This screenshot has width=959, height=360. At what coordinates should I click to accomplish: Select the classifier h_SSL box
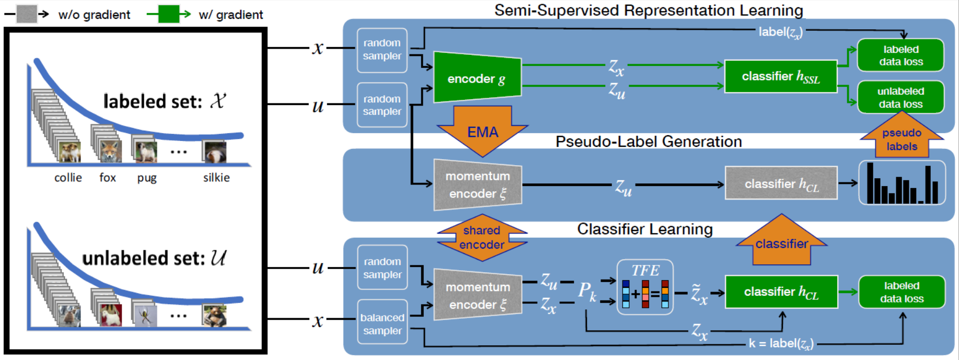[x=781, y=76]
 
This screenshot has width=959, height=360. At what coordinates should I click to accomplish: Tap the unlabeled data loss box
[x=900, y=97]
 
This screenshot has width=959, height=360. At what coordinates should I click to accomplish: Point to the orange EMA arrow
[x=482, y=131]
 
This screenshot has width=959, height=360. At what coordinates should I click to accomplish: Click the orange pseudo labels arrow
[x=902, y=138]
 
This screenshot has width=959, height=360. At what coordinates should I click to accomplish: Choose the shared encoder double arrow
[x=482, y=238]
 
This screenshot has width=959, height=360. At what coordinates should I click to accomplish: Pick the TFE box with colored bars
[x=645, y=287]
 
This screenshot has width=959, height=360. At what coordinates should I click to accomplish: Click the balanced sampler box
[x=382, y=324]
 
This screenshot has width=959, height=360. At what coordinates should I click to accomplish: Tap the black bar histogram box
[x=902, y=183]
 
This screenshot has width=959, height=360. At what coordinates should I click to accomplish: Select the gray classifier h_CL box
[x=781, y=183]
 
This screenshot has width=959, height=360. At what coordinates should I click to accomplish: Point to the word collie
[x=68, y=178]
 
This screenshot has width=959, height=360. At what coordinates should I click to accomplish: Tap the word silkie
[x=216, y=178]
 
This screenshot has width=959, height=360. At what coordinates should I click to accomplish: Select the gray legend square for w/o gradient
[x=26, y=14]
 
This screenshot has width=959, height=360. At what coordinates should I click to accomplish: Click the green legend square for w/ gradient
[x=168, y=14]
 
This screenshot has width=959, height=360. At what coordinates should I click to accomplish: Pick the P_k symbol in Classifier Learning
[x=586, y=291]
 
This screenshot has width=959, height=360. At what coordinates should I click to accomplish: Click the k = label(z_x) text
[x=781, y=343]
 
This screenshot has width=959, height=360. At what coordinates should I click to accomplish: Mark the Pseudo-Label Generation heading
[x=648, y=142]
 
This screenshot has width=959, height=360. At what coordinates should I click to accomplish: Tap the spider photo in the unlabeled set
[x=145, y=316]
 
